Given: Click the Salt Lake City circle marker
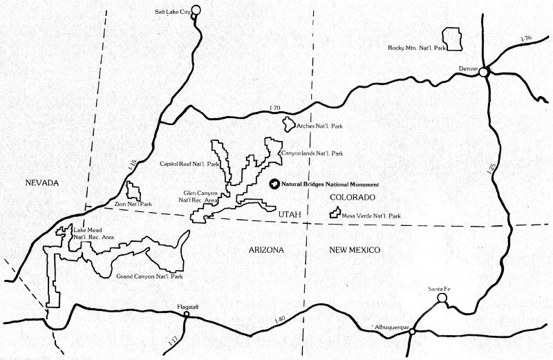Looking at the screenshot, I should [195, 10].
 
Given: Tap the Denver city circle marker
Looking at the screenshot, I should [485, 71].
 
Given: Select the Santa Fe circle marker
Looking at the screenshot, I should [442, 299].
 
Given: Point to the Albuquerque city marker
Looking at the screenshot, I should [412, 332].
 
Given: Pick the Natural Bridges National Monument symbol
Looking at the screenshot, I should [274, 184].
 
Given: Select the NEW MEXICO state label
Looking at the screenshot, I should [356, 250].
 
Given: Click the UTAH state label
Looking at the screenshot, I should [290, 216].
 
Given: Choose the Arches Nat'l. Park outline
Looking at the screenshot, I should [287, 124].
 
